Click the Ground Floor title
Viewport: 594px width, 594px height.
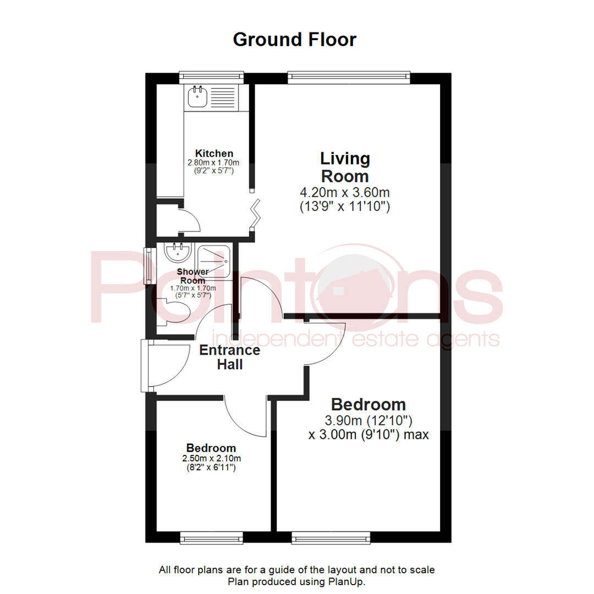(x=294, y=40)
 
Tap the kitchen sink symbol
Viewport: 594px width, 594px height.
(x=197, y=98)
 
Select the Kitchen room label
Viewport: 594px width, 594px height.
(x=215, y=153)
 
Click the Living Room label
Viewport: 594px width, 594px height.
(x=345, y=168)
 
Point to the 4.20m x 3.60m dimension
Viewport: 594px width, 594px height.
(x=345, y=193)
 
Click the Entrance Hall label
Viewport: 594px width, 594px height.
(x=229, y=357)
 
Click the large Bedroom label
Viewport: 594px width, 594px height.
(x=369, y=405)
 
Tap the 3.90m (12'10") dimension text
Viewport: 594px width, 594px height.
(x=369, y=421)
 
